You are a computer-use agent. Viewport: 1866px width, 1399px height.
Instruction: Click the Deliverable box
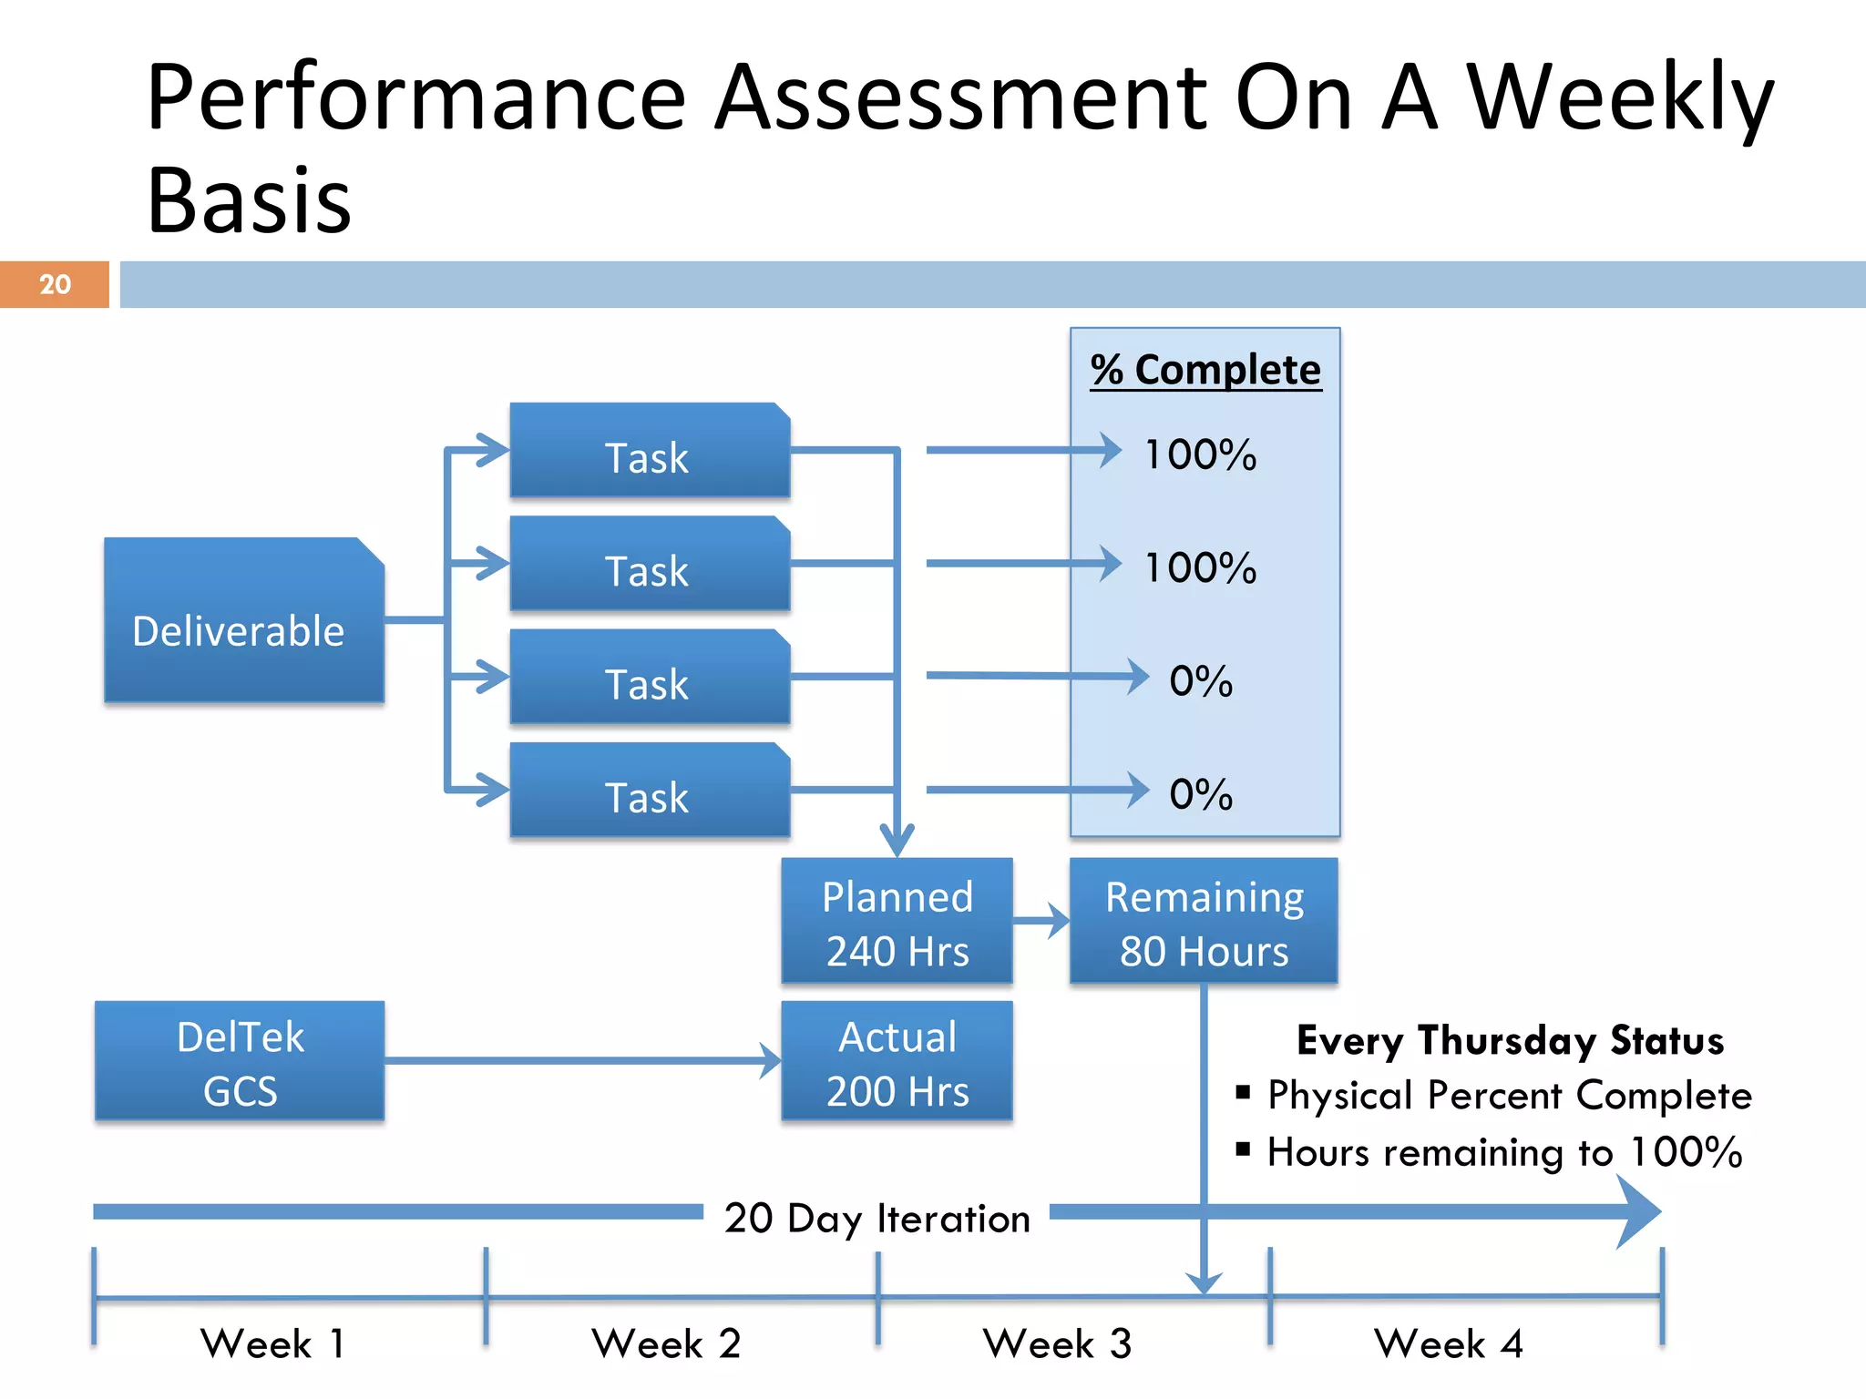click(x=243, y=621)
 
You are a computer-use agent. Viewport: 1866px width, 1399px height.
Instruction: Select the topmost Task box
click(x=649, y=451)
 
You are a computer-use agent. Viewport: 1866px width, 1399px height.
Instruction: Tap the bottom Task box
click(x=649, y=791)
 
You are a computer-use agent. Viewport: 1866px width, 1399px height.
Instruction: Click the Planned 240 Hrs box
click(x=897, y=922)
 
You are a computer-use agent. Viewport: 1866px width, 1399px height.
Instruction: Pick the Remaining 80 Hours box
click(x=1204, y=922)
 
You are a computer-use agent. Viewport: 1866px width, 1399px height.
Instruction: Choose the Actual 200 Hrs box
click(x=897, y=1062)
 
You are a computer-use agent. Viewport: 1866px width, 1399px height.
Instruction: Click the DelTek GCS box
click(x=240, y=1062)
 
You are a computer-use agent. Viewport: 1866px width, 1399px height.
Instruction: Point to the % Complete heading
click(x=1205, y=370)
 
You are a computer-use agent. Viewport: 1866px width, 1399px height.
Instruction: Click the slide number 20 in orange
click(x=55, y=284)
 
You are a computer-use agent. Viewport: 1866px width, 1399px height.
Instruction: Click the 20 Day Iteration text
click(x=877, y=1219)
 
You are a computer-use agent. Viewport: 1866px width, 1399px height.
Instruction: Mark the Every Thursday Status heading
click(x=1510, y=1040)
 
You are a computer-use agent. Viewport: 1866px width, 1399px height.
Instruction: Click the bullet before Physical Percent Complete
click(x=1243, y=1092)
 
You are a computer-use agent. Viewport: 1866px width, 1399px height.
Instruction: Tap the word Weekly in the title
click(x=1620, y=98)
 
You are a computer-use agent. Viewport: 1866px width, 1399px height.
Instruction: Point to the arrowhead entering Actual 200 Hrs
click(x=771, y=1061)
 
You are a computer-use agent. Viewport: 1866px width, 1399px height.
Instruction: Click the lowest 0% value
click(x=1200, y=794)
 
